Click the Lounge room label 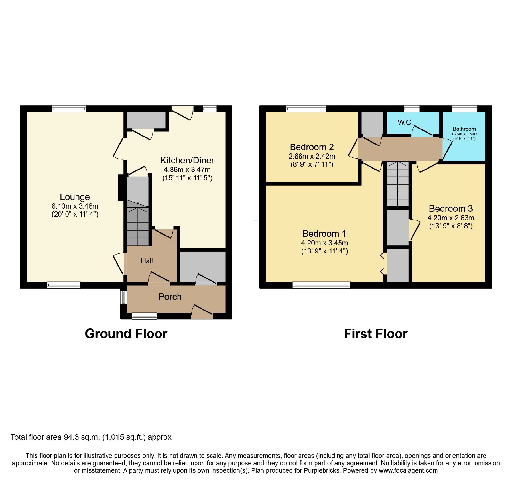click(75, 197)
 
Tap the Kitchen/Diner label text click(187, 160)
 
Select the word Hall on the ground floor click(147, 261)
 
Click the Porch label click(170, 297)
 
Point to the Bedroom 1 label click(324, 234)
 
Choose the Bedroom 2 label click(312, 147)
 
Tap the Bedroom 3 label click(451, 209)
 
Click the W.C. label click(405, 122)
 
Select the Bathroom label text click(464, 129)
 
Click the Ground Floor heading click(126, 334)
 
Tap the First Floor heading click(376, 334)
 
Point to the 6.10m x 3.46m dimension click(75, 206)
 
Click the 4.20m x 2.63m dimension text click(451, 218)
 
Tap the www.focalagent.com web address click(408, 471)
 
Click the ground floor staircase click(138, 223)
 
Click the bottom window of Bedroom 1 click(322, 285)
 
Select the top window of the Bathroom click(465, 109)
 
